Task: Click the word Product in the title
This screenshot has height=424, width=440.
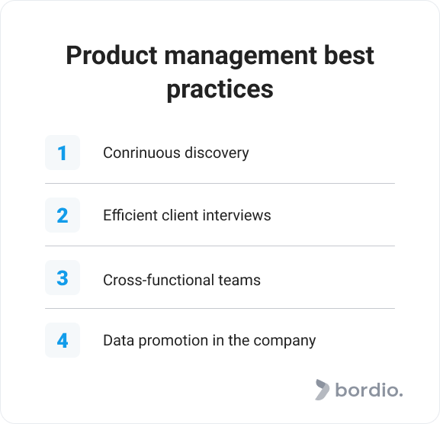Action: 111,55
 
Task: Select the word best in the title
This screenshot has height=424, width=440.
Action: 348,55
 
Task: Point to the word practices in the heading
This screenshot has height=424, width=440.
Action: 220,90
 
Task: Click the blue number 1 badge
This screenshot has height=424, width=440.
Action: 63,153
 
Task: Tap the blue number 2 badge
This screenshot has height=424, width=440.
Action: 63,215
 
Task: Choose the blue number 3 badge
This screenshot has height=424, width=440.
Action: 63,278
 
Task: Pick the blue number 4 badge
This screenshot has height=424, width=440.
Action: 63,340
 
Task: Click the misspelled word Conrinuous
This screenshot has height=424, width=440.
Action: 142,153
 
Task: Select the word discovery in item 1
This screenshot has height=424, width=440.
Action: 217,154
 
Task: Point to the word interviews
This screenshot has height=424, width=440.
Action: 236,216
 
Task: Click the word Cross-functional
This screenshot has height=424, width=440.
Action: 159,280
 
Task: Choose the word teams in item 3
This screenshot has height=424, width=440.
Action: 239,280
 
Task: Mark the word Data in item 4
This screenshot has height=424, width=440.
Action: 119,340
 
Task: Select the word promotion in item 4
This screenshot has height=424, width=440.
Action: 173,341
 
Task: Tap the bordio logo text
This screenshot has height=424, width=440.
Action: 369,390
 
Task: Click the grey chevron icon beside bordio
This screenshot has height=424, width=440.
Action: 322,390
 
